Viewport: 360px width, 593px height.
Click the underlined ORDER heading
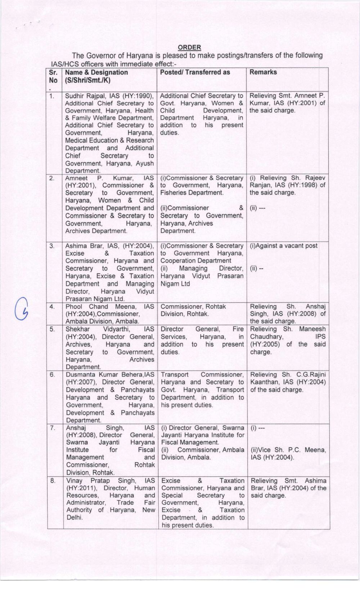click(189, 47)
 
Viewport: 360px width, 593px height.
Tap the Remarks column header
click(263, 72)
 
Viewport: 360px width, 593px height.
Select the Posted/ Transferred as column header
click(195, 72)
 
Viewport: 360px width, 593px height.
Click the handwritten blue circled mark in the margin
click(22, 309)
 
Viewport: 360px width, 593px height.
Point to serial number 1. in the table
click(52, 96)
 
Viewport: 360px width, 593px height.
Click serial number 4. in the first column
click(52, 307)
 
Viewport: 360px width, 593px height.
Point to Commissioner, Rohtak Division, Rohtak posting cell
click(193, 310)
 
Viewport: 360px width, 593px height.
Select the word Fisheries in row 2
click(174, 193)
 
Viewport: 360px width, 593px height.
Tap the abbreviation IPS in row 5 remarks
click(320, 337)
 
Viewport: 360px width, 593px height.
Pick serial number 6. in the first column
click(53, 375)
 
